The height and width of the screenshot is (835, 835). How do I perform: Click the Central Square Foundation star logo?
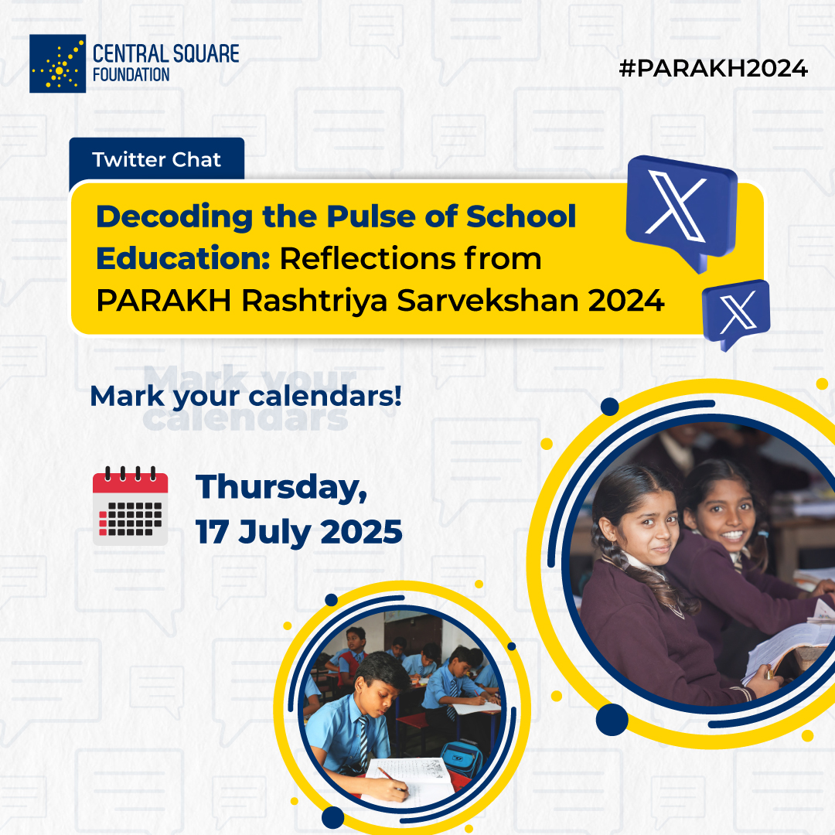pos(57,63)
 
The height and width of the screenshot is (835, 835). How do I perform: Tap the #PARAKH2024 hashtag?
pos(713,69)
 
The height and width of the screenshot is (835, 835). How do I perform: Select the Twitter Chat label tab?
pos(156,160)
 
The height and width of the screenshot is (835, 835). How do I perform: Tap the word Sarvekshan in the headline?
pos(487,301)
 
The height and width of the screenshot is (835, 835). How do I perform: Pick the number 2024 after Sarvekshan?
pos(626,301)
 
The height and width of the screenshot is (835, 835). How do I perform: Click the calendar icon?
pos(130,506)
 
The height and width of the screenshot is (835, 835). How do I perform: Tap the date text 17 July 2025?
pos(298,532)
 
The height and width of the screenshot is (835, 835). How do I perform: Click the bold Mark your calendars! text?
pos(246,397)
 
